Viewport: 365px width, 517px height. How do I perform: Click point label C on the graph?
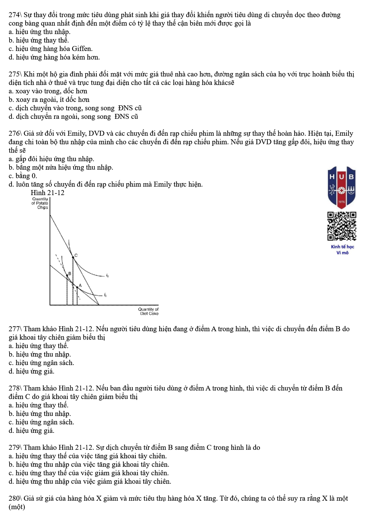click(76, 255)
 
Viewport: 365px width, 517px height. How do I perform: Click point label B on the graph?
click(70, 273)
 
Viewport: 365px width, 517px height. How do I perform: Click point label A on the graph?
click(80, 286)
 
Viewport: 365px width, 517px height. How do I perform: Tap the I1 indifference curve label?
click(107, 276)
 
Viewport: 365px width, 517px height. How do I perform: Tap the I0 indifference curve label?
click(106, 295)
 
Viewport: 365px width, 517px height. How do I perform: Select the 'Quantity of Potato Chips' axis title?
click(40, 203)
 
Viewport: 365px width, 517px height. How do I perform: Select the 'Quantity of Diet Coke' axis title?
click(148, 311)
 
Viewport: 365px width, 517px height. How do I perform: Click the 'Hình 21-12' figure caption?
click(48, 193)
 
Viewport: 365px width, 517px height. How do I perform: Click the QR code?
click(342, 226)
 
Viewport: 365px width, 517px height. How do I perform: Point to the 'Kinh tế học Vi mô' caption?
click(342, 250)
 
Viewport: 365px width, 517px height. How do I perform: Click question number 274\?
click(15, 15)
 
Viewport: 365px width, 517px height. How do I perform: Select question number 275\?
click(15, 74)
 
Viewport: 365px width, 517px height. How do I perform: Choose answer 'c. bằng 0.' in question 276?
click(23, 176)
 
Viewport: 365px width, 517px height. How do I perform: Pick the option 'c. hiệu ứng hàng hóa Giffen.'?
click(51, 49)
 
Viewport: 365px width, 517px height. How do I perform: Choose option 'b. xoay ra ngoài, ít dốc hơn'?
click(49, 100)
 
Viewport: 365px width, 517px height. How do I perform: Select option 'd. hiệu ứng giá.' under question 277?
click(32, 371)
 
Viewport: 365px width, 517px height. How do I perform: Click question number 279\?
click(15, 448)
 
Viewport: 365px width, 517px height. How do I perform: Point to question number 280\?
click(15, 498)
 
